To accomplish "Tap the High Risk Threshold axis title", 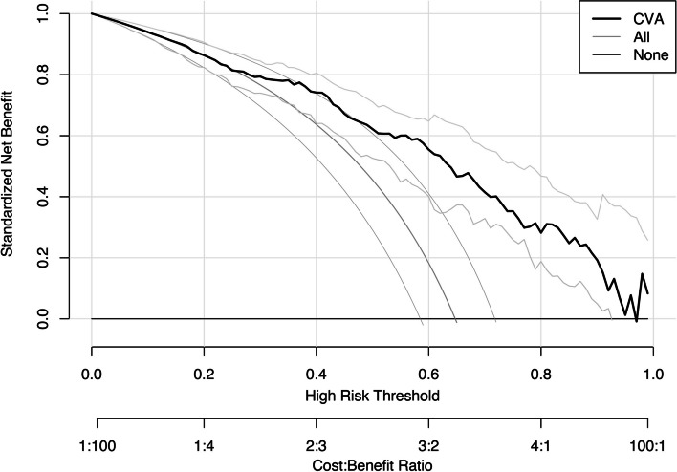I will [x=372, y=394].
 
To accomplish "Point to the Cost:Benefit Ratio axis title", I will [x=372, y=463].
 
